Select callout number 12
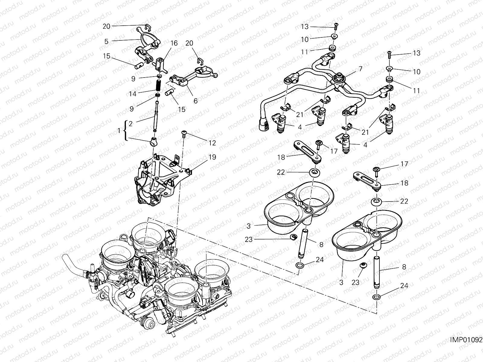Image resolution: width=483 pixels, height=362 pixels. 212,143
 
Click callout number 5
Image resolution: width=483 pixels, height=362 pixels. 106,41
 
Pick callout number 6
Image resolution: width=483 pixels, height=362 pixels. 195,101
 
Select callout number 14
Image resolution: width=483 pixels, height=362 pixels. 132,94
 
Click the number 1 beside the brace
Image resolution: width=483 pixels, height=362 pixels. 119,131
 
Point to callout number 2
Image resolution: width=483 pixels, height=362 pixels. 130,123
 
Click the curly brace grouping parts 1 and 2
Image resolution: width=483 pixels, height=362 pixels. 125,131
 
